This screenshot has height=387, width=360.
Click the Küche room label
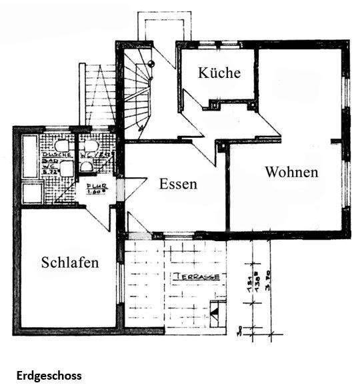pyautogui.click(x=219, y=73)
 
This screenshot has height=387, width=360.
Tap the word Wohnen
pyautogui.click(x=291, y=172)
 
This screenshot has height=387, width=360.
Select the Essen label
pyautogui.click(x=178, y=184)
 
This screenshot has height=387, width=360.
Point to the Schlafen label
pyautogui.click(x=70, y=262)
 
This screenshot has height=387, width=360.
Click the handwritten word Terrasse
pyautogui.click(x=198, y=276)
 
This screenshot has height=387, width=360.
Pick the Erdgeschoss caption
pyautogui.click(x=50, y=376)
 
